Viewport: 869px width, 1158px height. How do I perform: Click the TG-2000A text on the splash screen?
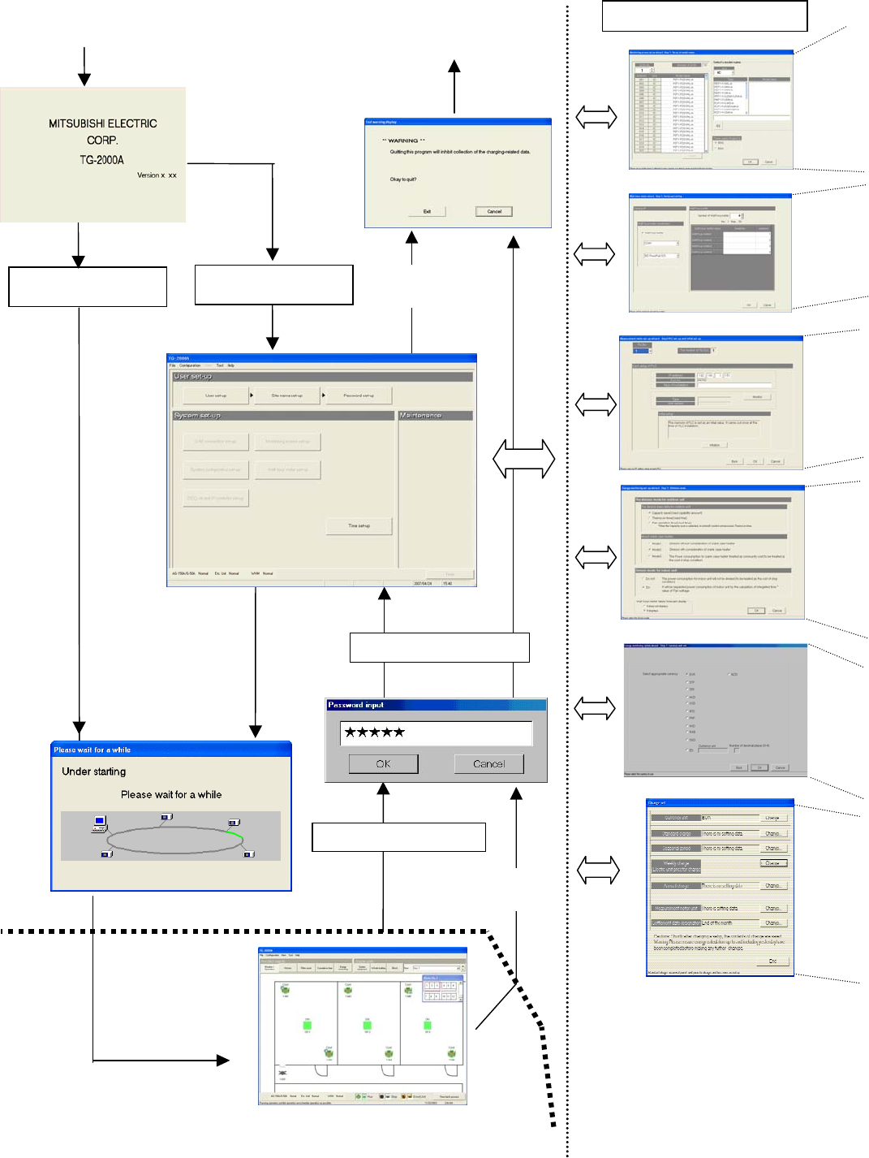tap(101, 160)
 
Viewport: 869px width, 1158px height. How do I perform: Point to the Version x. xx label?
tap(157, 175)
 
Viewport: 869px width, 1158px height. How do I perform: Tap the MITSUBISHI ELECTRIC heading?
tap(103, 123)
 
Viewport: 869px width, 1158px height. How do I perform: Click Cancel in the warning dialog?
tap(494, 211)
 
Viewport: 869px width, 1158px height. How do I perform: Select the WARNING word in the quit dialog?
tap(403, 140)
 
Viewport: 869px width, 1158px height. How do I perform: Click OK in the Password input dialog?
tap(384, 764)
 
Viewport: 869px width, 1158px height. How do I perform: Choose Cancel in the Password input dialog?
tap(488, 764)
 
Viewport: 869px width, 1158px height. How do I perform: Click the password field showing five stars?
tap(436, 732)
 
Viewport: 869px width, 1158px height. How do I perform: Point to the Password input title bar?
tap(436, 705)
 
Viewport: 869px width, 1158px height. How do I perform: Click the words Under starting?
tap(94, 771)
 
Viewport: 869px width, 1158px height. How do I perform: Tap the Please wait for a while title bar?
tap(170, 750)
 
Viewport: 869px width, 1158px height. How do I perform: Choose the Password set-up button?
tap(359, 395)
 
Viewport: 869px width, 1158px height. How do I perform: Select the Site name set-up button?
tap(286, 395)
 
